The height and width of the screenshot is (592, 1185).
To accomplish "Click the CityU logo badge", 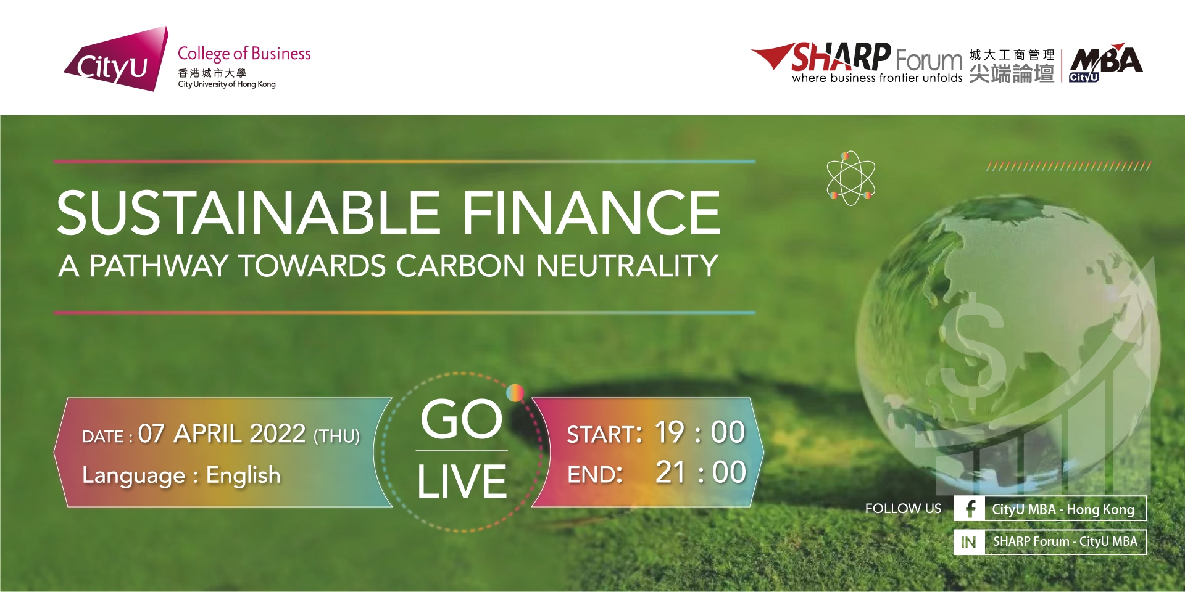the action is [117, 60].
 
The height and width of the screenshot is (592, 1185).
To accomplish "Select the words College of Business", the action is [244, 54].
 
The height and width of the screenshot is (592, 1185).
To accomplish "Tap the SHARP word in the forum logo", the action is [840, 57].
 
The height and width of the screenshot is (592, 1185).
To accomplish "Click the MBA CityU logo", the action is [1105, 62].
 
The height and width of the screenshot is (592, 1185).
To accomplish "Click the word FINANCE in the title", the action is [591, 212].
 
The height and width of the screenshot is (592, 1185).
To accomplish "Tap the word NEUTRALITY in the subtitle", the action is [627, 266].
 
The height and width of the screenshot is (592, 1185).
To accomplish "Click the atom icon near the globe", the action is [850, 178].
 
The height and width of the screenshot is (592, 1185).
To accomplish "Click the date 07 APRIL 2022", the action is [222, 434].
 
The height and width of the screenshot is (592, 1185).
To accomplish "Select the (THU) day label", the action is [337, 436].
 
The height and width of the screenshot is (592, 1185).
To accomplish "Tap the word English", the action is [243, 475].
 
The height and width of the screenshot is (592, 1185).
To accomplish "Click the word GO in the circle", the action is [462, 419].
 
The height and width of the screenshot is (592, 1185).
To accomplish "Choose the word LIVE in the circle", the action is [462, 482].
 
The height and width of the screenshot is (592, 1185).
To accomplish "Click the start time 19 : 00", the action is [700, 432].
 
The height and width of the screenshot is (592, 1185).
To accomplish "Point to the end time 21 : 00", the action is [701, 473].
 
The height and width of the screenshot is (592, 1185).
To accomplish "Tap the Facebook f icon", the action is [970, 509].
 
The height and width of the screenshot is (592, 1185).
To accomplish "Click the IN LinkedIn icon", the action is [968, 542].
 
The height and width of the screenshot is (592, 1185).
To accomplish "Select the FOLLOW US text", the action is [903, 509].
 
